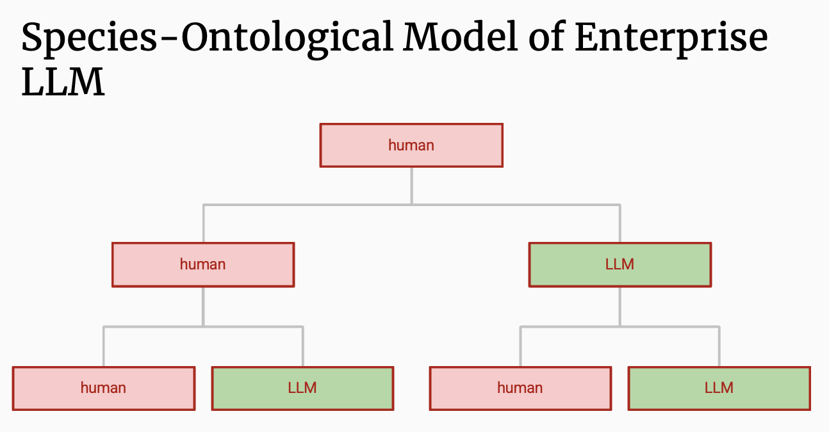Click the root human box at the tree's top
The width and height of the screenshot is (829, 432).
[411, 145]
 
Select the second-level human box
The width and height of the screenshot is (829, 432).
[203, 264]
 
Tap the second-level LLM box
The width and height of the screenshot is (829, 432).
[620, 264]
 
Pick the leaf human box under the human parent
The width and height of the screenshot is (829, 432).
[103, 388]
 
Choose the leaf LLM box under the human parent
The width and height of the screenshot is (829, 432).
[302, 388]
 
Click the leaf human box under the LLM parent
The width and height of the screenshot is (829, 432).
[520, 388]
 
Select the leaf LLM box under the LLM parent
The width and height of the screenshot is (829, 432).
[719, 388]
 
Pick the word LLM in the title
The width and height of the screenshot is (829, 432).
[63, 82]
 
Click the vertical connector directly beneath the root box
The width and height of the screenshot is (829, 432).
[411, 186]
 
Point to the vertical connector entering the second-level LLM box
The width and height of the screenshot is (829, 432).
[620, 223]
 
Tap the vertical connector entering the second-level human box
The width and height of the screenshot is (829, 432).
[203, 223]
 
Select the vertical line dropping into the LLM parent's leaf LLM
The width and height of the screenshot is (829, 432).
[719, 346]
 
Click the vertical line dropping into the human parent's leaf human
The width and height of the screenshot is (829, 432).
[103, 346]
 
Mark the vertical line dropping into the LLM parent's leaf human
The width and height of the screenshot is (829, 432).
[520, 346]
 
